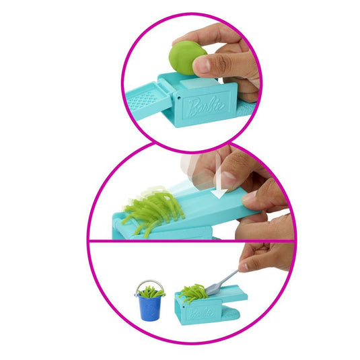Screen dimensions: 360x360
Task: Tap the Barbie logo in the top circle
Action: coord(206,106)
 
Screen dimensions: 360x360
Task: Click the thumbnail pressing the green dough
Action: coord(203,64)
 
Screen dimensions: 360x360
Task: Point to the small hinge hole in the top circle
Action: coord(179,98)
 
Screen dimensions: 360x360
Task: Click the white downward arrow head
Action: coord(219,194)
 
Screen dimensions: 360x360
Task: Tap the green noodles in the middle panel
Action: coord(153,209)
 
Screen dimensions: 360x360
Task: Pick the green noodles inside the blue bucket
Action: coord(151,292)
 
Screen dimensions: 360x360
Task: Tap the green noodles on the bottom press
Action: coord(193,293)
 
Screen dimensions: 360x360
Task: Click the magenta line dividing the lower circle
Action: coord(192,241)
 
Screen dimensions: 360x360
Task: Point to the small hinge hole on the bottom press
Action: coord(184,306)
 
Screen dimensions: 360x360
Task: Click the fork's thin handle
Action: coord(227,279)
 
